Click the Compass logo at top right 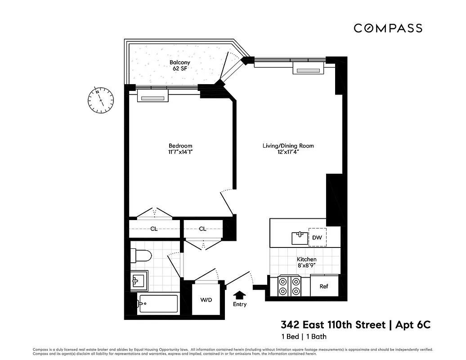(x=388, y=28)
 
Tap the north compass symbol (x=101, y=99)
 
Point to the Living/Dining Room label (x=288, y=146)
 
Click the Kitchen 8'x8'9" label (x=306, y=263)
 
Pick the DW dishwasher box (x=317, y=237)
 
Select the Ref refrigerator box (x=324, y=286)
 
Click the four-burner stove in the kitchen (x=289, y=286)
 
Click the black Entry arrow (x=240, y=295)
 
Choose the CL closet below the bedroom (x=154, y=229)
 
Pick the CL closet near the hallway (x=202, y=229)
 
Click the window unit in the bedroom (x=153, y=96)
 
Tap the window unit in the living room (x=309, y=69)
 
